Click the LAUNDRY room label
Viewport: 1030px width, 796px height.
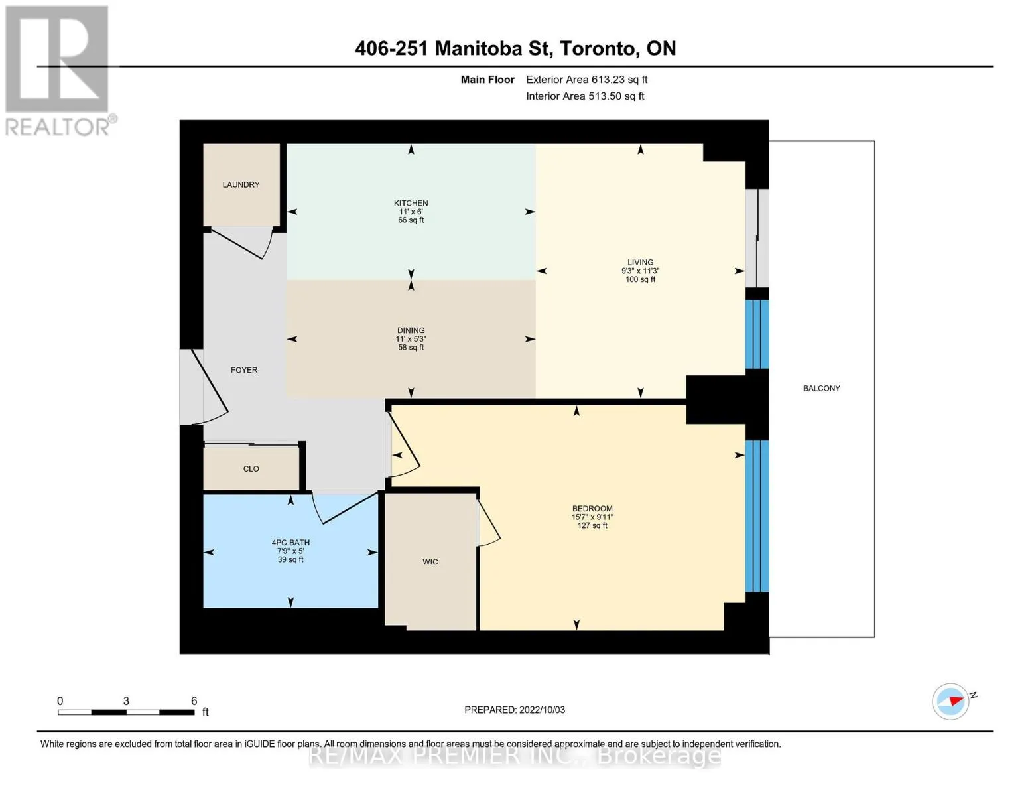241,184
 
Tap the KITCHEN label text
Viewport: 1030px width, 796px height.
411,203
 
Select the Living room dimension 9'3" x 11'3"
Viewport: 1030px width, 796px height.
640,271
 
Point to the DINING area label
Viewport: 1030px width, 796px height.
411,330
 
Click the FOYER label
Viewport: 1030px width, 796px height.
244,369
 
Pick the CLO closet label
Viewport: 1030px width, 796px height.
251,468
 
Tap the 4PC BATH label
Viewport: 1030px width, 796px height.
290,542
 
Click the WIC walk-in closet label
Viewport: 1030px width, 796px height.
430,561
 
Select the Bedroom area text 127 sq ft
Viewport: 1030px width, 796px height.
592,525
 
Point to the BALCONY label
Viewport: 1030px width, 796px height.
821,388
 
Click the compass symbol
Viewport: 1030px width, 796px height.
951,701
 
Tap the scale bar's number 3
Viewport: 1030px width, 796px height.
126,700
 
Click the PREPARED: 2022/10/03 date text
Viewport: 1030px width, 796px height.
514,710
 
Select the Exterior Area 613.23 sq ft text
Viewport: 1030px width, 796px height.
586,80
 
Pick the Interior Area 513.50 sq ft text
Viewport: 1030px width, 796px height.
585,96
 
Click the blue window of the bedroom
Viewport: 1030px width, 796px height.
757,516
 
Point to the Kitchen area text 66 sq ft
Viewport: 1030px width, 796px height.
411,220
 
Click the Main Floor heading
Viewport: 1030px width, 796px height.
487,80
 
